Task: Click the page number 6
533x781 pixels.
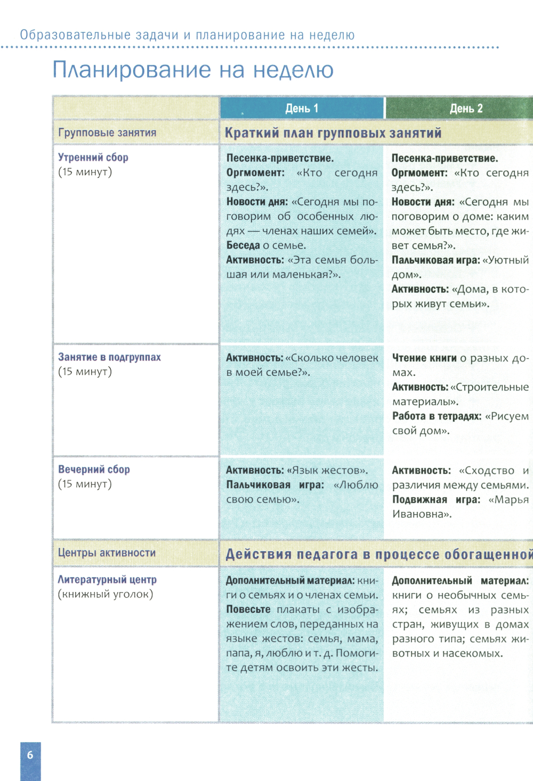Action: pos(30,754)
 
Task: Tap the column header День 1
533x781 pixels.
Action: pos(302,109)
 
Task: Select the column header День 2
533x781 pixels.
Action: pos(466,109)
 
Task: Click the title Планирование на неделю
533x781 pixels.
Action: pos(193,70)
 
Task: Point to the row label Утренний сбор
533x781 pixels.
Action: pos(93,158)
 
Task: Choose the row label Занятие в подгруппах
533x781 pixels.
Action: pos(109,357)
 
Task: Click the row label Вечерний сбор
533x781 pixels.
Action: pos(94,470)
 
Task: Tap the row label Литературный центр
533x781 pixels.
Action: pos(107,580)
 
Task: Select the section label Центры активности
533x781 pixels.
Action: pos(107,553)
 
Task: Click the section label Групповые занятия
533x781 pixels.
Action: pos(107,133)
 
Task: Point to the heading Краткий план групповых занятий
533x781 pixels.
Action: pos(333,133)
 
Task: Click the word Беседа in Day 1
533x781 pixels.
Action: pos(243,245)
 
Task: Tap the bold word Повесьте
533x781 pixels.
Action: pos(248,610)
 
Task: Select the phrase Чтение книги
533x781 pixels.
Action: pos(424,358)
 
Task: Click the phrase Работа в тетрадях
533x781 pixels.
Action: pos(437,416)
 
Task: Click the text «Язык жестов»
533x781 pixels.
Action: pos(327,471)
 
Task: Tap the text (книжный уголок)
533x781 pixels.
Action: pos(105,594)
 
